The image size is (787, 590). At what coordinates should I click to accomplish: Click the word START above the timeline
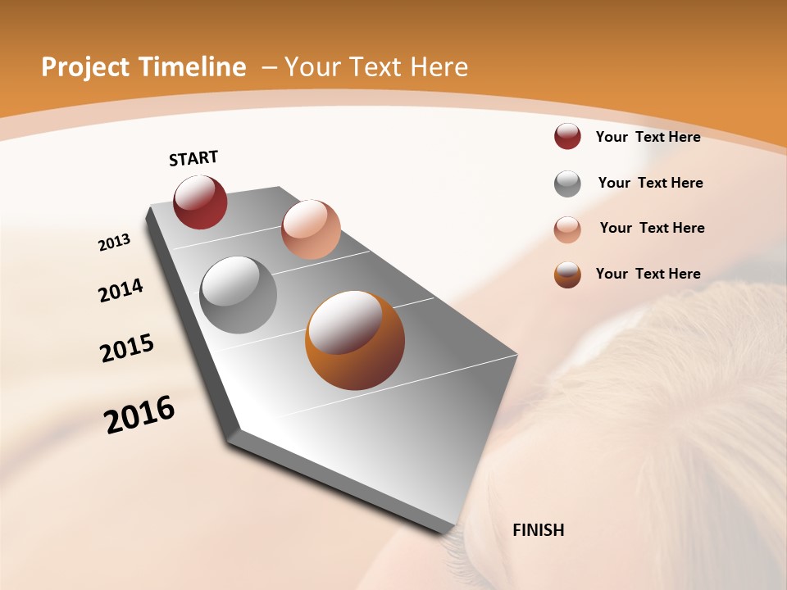point(193,158)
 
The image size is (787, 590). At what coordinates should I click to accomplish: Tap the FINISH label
point(538,530)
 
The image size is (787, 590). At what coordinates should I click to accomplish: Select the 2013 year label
point(114,242)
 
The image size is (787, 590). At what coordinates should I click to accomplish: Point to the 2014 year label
point(121,290)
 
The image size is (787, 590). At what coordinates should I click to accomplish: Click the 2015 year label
point(127,348)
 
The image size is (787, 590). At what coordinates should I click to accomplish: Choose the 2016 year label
point(139,415)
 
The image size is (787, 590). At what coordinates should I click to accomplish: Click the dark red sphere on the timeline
point(200,202)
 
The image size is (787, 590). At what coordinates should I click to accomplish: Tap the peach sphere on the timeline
point(311,229)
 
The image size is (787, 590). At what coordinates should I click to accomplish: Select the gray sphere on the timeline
point(238,295)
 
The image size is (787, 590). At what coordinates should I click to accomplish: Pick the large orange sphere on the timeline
point(354,340)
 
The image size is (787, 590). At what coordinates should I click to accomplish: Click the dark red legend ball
point(567,137)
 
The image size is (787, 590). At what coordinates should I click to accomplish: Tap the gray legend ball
point(567,184)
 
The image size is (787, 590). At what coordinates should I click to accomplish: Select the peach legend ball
point(567,229)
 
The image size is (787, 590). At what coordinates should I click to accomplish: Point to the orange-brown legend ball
point(567,275)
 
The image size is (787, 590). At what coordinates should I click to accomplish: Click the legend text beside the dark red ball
point(648,137)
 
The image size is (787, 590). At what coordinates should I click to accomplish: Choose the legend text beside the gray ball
point(650,183)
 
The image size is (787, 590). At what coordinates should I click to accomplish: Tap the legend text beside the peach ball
point(652,228)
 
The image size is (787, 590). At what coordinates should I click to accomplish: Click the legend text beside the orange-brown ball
point(648,274)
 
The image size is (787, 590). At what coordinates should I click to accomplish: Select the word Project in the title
point(85,67)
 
